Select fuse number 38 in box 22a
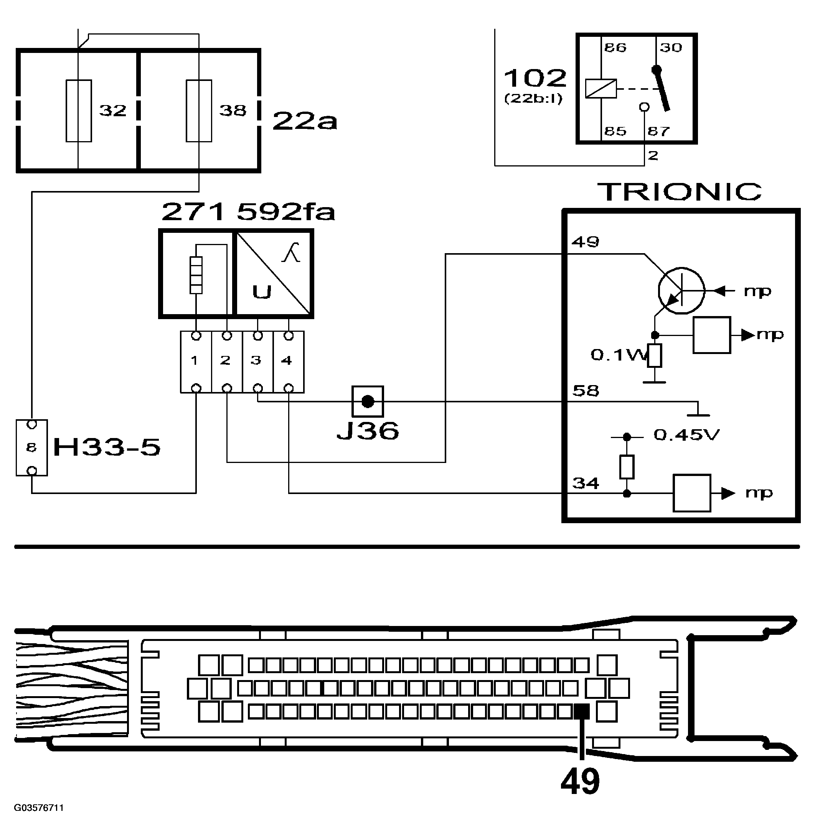pos(198,110)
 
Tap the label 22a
pos(305,121)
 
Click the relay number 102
pos(535,78)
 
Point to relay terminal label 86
pos(615,48)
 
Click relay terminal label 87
pos(658,131)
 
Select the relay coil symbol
pos(601,89)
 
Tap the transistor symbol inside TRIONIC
pos(681,291)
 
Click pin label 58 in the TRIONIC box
pos(586,391)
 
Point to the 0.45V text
pos(686,435)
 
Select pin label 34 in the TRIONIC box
pos(586,483)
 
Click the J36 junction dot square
pos(368,402)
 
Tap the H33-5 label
pos(107,448)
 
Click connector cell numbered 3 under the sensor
pos(257,361)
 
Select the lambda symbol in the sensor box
pos(291,252)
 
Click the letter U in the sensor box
pos(262,292)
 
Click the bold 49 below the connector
pos(580,781)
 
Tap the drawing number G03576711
pos(39,808)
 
